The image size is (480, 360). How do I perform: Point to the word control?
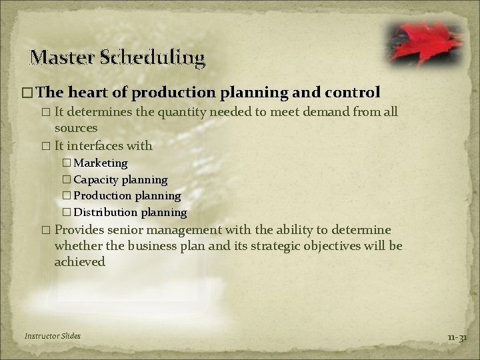[355, 91]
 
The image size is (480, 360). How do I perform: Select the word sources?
[76, 127]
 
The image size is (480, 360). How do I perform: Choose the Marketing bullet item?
[100, 163]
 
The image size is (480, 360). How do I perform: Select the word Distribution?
[104, 213]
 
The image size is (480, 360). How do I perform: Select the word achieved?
[79, 262]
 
